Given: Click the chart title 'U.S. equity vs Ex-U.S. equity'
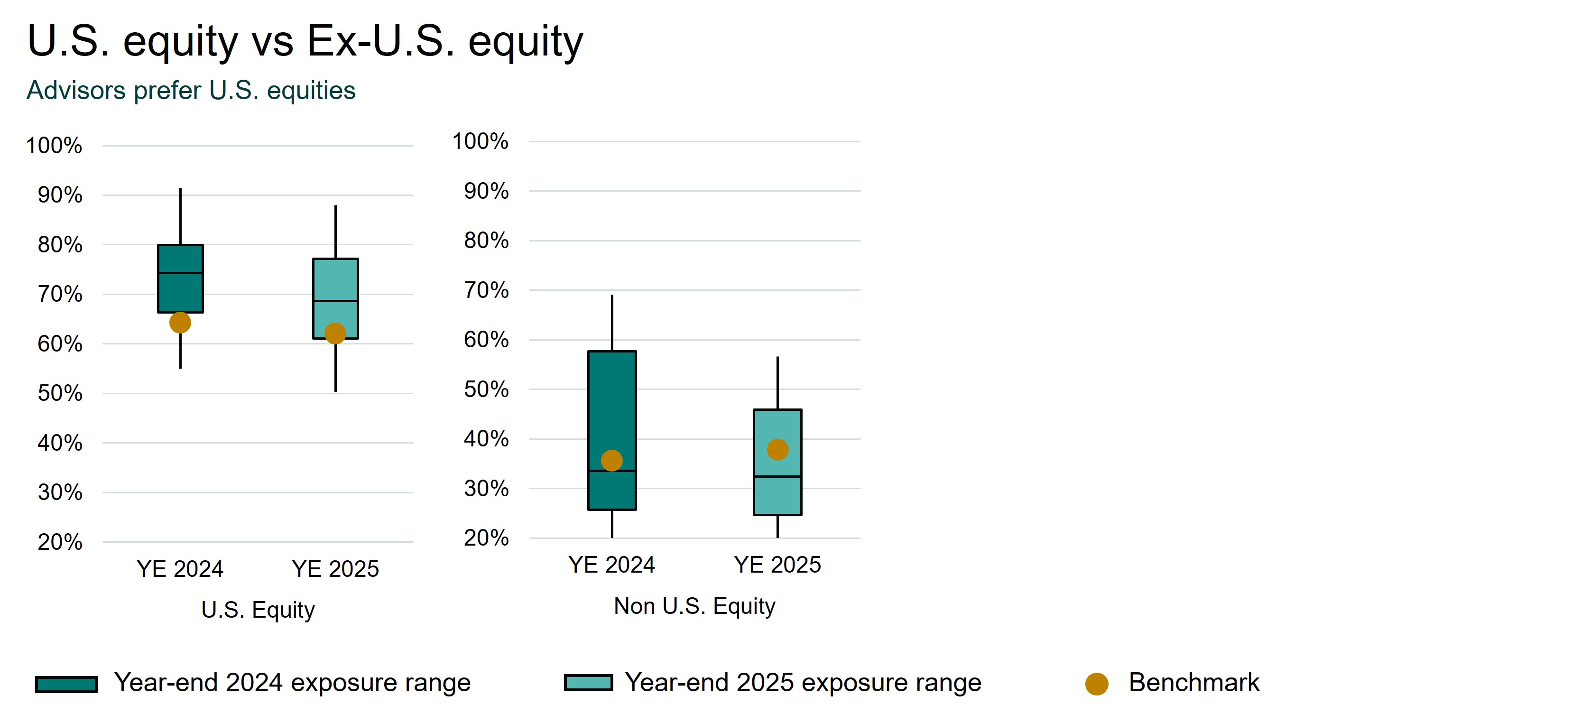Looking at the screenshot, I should pyautogui.click(x=305, y=41).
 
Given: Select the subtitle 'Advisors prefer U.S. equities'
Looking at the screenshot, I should pyautogui.click(x=191, y=91).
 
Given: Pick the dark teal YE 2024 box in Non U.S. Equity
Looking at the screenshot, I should pyautogui.click(x=612, y=401).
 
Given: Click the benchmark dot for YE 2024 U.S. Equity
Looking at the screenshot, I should pyautogui.click(x=180, y=322).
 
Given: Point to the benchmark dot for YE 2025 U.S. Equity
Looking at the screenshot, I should pyautogui.click(x=335, y=333).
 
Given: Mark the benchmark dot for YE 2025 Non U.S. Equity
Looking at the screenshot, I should pyautogui.click(x=777, y=449).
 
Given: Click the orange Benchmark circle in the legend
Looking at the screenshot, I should pyautogui.click(x=1096, y=684).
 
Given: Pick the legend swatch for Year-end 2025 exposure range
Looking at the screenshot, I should pyautogui.click(x=588, y=683).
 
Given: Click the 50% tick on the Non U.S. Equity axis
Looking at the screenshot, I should pyautogui.click(x=486, y=389).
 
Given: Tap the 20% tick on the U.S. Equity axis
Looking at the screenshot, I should pyautogui.click(x=60, y=542).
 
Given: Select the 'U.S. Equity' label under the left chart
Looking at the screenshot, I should pyautogui.click(x=258, y=610).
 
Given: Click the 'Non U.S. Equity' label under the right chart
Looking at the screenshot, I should pyautogui.click(x=694, y=606).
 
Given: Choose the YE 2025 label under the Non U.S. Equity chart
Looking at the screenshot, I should pyautogui.click(x=777, y=565).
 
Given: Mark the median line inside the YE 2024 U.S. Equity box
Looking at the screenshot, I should pyautogui.click(x=180, y=273).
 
